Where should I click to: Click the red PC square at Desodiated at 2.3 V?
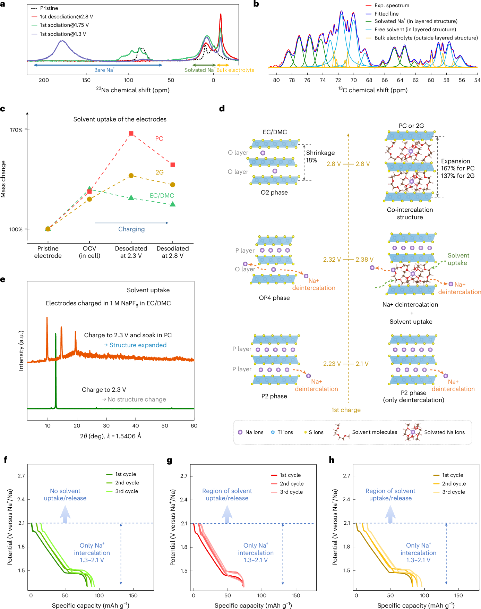(x=131, y=134)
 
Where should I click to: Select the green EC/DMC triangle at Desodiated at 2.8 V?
(x=173, y=204)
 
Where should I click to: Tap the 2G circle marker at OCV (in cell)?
(x=89, y=199)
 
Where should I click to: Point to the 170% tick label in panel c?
(x=16, y=130)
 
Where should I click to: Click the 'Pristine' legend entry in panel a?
(x=49, y=8)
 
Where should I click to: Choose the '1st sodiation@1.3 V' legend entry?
(x=63, y=34)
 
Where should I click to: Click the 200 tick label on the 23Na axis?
(x=44, y=80)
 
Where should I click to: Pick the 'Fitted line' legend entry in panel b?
(x=386, y=14)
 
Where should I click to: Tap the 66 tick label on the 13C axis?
(x=385, y=80)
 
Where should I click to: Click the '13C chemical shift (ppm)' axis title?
(x=373, y=90)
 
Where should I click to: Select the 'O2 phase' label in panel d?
(x=274, y=193)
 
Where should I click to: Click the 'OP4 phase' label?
(x=274, y=298)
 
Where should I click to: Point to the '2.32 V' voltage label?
(x=332, y=260)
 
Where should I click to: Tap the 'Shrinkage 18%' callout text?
(x=320, y=157)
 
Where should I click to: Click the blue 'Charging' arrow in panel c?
(x=131, y=223)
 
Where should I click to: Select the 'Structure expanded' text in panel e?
(x=138, y=345)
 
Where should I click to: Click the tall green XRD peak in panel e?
(x=55, y=368)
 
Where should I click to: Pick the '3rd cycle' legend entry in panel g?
(x=291, y=492)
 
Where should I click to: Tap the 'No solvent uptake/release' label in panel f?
(x=65, y=494)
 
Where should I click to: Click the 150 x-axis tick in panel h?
(x=458, y=595)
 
